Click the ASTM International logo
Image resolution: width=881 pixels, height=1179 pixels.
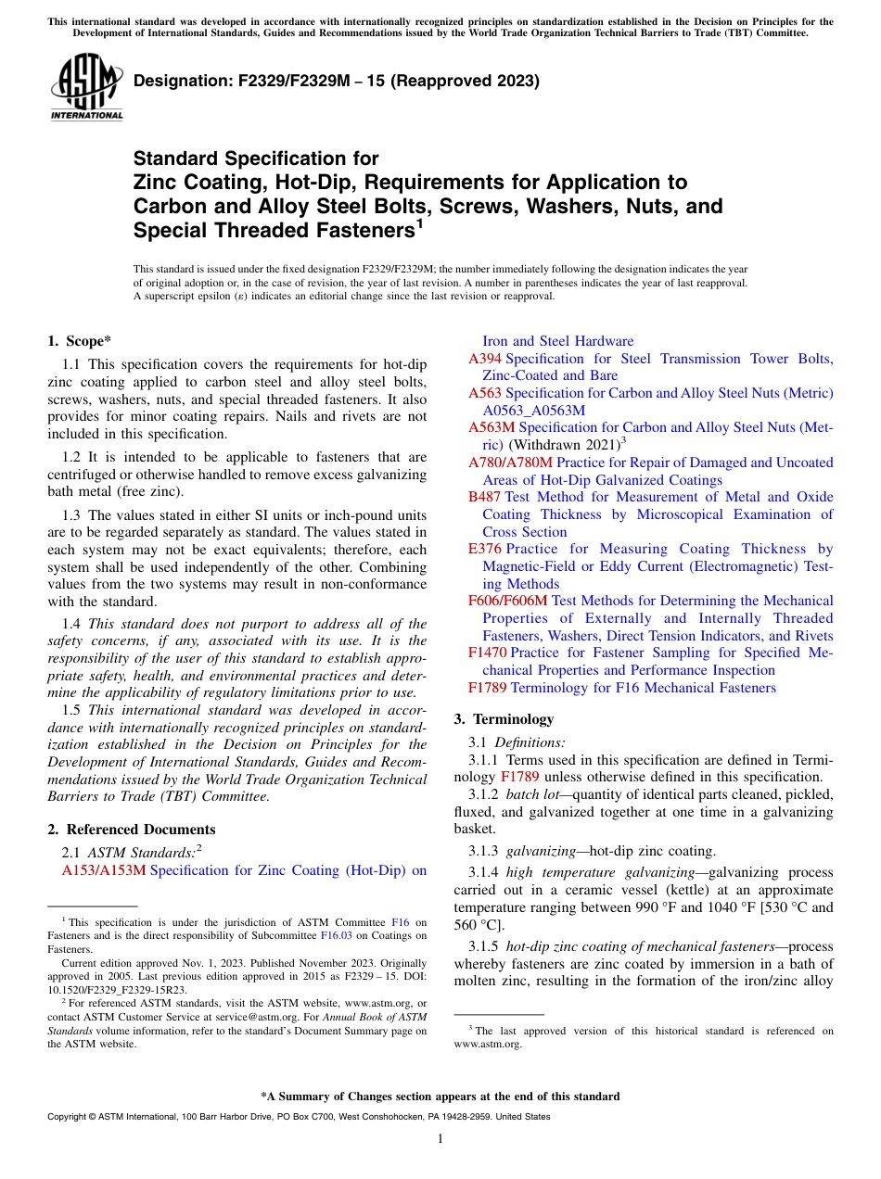(x=86, y=89)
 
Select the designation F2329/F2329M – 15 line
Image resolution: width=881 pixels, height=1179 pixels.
(x=336, y=81)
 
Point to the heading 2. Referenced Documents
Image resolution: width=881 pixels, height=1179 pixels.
(x=131, y=830)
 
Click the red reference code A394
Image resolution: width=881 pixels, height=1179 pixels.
(x=485, y=359)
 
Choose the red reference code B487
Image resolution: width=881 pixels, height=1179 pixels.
(x=485, y=497)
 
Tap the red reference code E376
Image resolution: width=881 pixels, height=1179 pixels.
(x=485, y=549)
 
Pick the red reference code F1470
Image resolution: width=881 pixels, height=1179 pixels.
(x=488, y=653)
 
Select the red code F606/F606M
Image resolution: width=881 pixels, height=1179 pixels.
(x=508, y=601)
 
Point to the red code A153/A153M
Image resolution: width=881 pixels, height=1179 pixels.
(x=103, y=870)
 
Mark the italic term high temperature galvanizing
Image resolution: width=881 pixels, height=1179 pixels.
(x=586, y=872)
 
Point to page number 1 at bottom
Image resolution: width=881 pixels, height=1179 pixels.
(x=440, y=1139)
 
